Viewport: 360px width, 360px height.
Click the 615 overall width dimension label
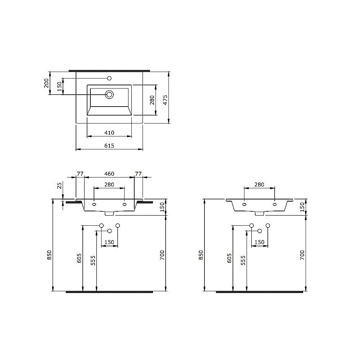(x=109, y=145)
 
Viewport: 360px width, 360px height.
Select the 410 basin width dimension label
(x=109, y=133)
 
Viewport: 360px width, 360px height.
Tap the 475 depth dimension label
(x=165, y=100)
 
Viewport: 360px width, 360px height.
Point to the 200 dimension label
(x=46, y=83)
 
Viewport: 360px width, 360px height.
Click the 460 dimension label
(x=109, y=174)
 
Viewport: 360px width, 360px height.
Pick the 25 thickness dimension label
(x=59, y=185)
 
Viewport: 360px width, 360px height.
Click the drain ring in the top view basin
(x=109, y=94)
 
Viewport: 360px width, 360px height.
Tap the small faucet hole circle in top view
(x=109, y=78)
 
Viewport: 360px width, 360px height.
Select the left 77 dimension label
(x=80, y=174)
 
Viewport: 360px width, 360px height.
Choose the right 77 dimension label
(x=139, y=174)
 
